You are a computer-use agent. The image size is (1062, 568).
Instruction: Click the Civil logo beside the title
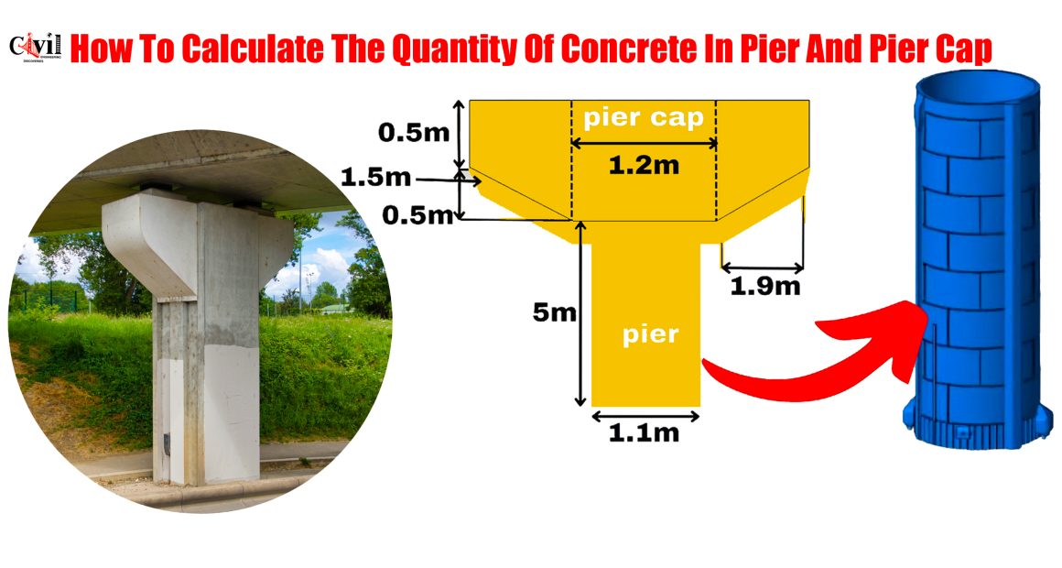(x=36, y=47)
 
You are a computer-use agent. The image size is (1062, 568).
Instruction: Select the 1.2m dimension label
(x=644, y=165)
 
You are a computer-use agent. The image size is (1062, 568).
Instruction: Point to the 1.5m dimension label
(x=376, y=178)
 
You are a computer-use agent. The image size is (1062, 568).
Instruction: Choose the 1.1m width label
(x=644, y=433)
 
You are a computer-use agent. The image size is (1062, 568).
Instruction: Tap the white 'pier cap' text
(x=644, y=118)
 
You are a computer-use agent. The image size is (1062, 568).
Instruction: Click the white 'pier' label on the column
(x=650, y=334)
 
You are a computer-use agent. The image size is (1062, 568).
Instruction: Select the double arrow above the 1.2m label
(x=645, y=143)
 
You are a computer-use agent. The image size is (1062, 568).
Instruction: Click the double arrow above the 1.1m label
(x=645, y=416)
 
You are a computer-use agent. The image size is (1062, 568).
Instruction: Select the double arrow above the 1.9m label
(x=763, y=268)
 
